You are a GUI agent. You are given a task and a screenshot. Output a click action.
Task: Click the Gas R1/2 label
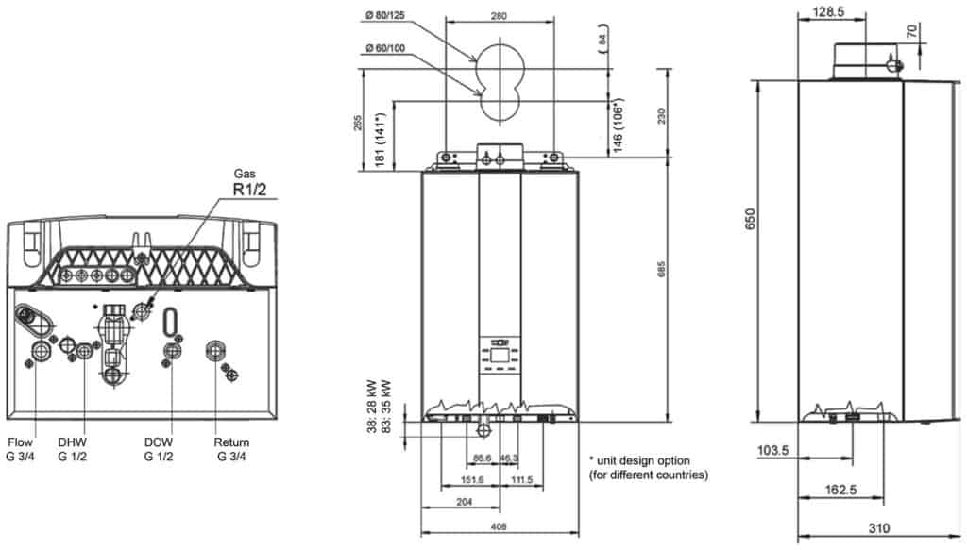[249, 183]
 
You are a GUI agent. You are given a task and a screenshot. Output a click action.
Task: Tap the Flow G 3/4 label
[21, 449]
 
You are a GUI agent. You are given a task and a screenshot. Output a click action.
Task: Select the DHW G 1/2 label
[72, 449]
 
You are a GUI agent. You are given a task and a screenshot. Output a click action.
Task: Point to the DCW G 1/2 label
[159, 449]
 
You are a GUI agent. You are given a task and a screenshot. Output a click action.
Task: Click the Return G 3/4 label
[231, 449]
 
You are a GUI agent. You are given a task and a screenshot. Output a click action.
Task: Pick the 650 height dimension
[750, 219]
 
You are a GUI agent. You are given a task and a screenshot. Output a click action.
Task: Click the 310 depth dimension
[879, 527]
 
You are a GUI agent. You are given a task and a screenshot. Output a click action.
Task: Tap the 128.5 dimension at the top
[828, 11]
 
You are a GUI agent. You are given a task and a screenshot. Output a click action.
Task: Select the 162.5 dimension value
[840, 490]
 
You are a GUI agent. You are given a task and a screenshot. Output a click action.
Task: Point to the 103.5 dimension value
[772, 450]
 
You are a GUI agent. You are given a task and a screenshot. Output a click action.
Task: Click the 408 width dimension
[499, 526]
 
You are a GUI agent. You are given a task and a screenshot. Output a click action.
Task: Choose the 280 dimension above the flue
[499, 16]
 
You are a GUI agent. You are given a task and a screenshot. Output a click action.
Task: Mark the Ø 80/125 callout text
[384, 15]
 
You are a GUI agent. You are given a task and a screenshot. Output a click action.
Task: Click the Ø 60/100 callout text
[385, 48]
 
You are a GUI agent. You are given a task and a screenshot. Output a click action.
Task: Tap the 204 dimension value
[464, 502]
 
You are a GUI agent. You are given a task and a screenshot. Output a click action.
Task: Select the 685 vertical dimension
[661, 269]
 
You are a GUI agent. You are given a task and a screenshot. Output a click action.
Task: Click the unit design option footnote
[648, 468]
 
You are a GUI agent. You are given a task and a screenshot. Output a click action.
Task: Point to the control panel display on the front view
[499, 356]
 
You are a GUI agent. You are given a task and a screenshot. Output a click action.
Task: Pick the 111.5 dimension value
[521, 480]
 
